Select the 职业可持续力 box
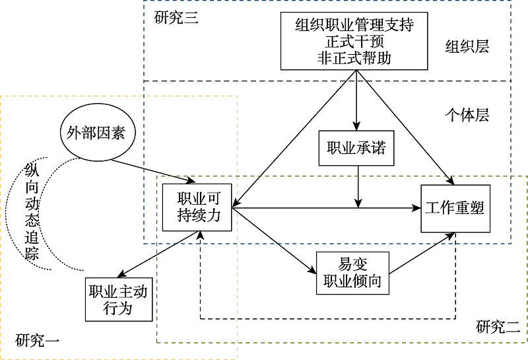(199, 207)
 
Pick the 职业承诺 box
(356, 149)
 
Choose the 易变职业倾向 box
(352, 273)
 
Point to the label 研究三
(176, 18)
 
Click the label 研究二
(498, 326)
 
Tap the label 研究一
(38, 342)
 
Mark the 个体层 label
(467, 115)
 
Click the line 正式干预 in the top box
(354, 42)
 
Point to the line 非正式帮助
(354, 57)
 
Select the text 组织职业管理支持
(354, 26)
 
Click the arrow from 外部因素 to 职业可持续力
(152, 169)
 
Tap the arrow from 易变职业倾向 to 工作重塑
(422, 252)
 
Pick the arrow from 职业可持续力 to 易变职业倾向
(274, 241)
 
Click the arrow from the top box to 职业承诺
(356, 99)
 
